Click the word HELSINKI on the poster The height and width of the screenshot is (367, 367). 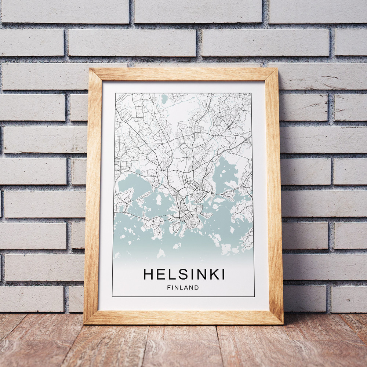click(x=184, y=274)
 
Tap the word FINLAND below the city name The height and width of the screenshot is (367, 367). click(x=183, y=288)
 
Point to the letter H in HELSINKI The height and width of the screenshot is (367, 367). click(x=148, y=274)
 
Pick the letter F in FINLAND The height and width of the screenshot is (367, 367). click(x=168, y=288)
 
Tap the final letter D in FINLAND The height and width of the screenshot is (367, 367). click(x=197, y=288)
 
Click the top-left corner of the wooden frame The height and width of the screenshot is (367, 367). click(x=90, y=69)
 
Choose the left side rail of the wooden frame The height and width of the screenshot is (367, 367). click(x=93, y=195)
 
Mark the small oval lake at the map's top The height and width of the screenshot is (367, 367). click(x=164, y=99)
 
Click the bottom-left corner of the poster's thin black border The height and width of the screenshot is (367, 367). click(x=112, y=296)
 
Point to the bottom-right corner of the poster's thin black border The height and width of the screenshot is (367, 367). click(x=254, y=296)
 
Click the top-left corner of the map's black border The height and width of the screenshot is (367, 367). click(x=115, y=93)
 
